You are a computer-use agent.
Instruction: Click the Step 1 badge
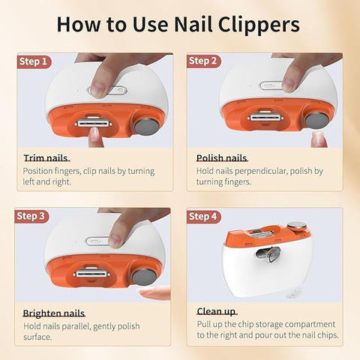tap(33, 61)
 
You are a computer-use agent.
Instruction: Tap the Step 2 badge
tap(203, 61)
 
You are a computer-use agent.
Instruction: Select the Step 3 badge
tap(33, 217)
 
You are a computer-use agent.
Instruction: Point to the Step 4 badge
tap(203, 217)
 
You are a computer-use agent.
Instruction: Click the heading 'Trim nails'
tap(45, 158)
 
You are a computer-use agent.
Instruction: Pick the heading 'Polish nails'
tap(221, 158)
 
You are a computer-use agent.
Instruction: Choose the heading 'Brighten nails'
tap(53, 313)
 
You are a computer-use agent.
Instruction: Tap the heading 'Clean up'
tap(217, 311)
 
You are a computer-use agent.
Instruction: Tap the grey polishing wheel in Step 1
tap(147, 124)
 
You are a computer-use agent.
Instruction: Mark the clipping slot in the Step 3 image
tap(92, 273)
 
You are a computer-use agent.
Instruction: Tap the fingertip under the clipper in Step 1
tap(94, 136)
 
